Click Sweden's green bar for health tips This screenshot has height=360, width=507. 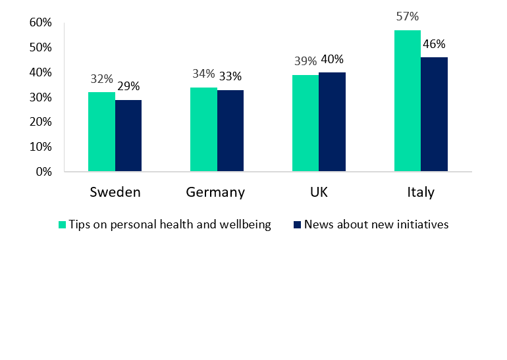(x=101, y=132)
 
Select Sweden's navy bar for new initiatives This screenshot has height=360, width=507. (x=128, y=136)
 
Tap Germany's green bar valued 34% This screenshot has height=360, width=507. (x=203, y=130)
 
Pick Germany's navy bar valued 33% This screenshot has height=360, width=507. (x=230, y=131)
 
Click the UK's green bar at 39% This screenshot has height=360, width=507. (x=306, y=123)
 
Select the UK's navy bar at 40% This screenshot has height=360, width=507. (x=332, y=122)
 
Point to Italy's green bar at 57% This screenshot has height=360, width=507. (x=408, y=101)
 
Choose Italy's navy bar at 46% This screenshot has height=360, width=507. (x=434, y=115)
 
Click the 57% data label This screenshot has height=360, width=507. (x=408, y=16)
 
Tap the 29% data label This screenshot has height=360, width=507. (x=128, y=86)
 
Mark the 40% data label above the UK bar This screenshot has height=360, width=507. (x=333, y=59)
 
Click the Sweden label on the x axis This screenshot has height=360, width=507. (x=115, y=192)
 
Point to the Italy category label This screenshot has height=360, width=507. (x=420, y=192)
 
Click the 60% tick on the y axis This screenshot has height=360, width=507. (x=41, y=22)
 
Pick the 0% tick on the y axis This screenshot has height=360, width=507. (x=43, y=172)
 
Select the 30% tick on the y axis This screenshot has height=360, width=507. (x=41, y=97)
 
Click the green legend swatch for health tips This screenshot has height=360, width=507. (x=63, y=224)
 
